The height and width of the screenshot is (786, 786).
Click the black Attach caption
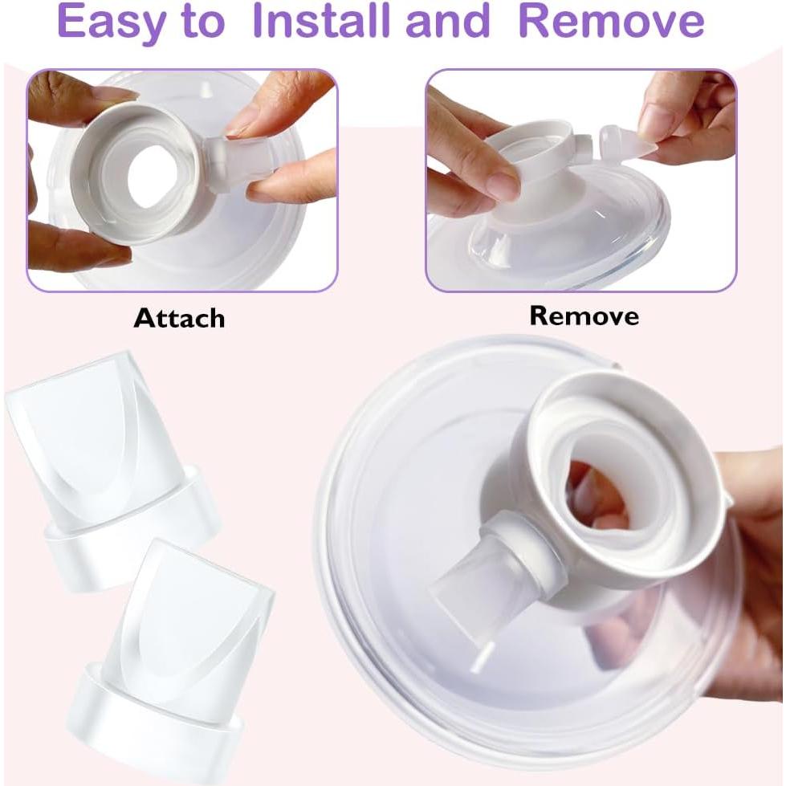tap(179, 318)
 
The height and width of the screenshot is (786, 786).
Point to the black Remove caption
tap(584, 316)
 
